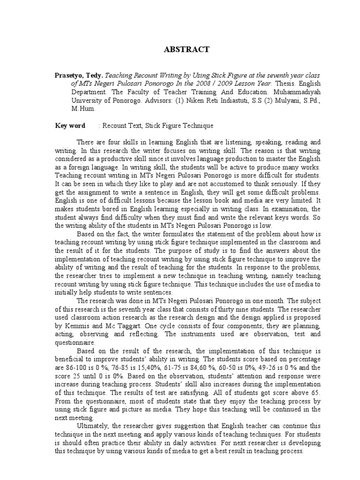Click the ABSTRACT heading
point(180,49)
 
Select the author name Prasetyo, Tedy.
point(79,74)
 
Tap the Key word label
point(70,126)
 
